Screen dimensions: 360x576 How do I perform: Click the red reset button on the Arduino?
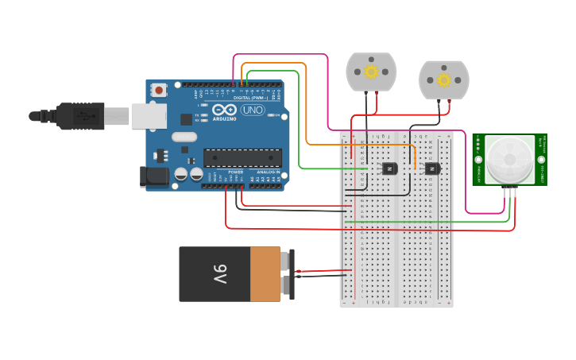(x=159, y=90)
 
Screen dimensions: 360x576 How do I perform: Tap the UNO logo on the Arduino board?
(x=253, y=110)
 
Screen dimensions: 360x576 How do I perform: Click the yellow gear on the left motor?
(x=371, y=72)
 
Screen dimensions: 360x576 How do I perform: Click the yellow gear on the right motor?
(x=443, y=79)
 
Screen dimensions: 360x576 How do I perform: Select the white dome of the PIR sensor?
(x=509, y=159)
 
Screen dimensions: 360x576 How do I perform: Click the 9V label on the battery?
(x=220, y=274)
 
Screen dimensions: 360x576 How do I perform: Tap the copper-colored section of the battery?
(x=265, y=274)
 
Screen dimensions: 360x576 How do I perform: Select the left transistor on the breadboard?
(x=389, y=168)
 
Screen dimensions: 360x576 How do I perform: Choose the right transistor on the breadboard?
(x=431, y=168)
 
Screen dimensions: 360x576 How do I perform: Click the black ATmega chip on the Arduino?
(x=242, y=157)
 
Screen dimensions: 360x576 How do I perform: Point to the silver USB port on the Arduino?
(x=149, y=116)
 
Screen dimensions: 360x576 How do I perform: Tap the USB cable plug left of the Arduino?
(x=79, y=116)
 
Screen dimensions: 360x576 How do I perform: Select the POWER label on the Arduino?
(x=236, y=172)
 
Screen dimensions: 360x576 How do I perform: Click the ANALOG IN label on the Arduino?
(x=267, y=172)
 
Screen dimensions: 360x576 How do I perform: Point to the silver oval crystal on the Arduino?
(x=184, y=137)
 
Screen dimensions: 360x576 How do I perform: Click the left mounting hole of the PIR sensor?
(x=478, y=159)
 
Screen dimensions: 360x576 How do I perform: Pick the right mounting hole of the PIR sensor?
(x=541, y=159)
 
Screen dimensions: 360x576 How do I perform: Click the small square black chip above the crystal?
(x=187, y=119)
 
